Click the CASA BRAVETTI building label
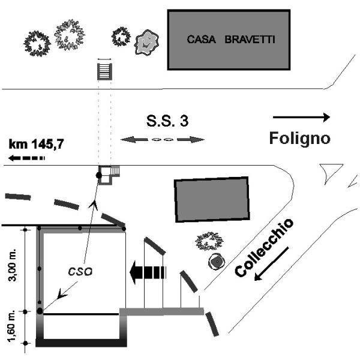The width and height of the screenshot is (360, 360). pyautogui.click(x=226, y=41)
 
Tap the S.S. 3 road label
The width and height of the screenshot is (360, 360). pyautogui.click(x=167, y=121)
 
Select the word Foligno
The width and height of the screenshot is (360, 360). pyautogui.click(x=299, y=139)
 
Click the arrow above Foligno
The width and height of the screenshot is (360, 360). pyautogui.click(x=301, y=117)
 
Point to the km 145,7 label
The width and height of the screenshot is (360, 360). pyautogui.click(x=37, y=145)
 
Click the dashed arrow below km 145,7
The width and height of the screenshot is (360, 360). pyautogui.click(x=27, y=158)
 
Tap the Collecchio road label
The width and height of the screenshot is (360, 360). pyautogui.click(x=264, y=247)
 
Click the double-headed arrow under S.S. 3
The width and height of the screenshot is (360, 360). pyautogui.click(x=163, y=140)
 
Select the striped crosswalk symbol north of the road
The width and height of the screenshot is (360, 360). pyautogui.click(x=104, y=70)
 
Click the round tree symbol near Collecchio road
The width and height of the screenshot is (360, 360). pyautogui.click(x=215, y=262)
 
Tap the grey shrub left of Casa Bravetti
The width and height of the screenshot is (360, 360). pyautogui.click(x=145, y=42)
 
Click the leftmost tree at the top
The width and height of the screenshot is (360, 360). pyautogui.click(x=37, y=42)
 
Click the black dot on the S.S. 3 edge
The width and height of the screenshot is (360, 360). pyautogui.click(x=99, y=175)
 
